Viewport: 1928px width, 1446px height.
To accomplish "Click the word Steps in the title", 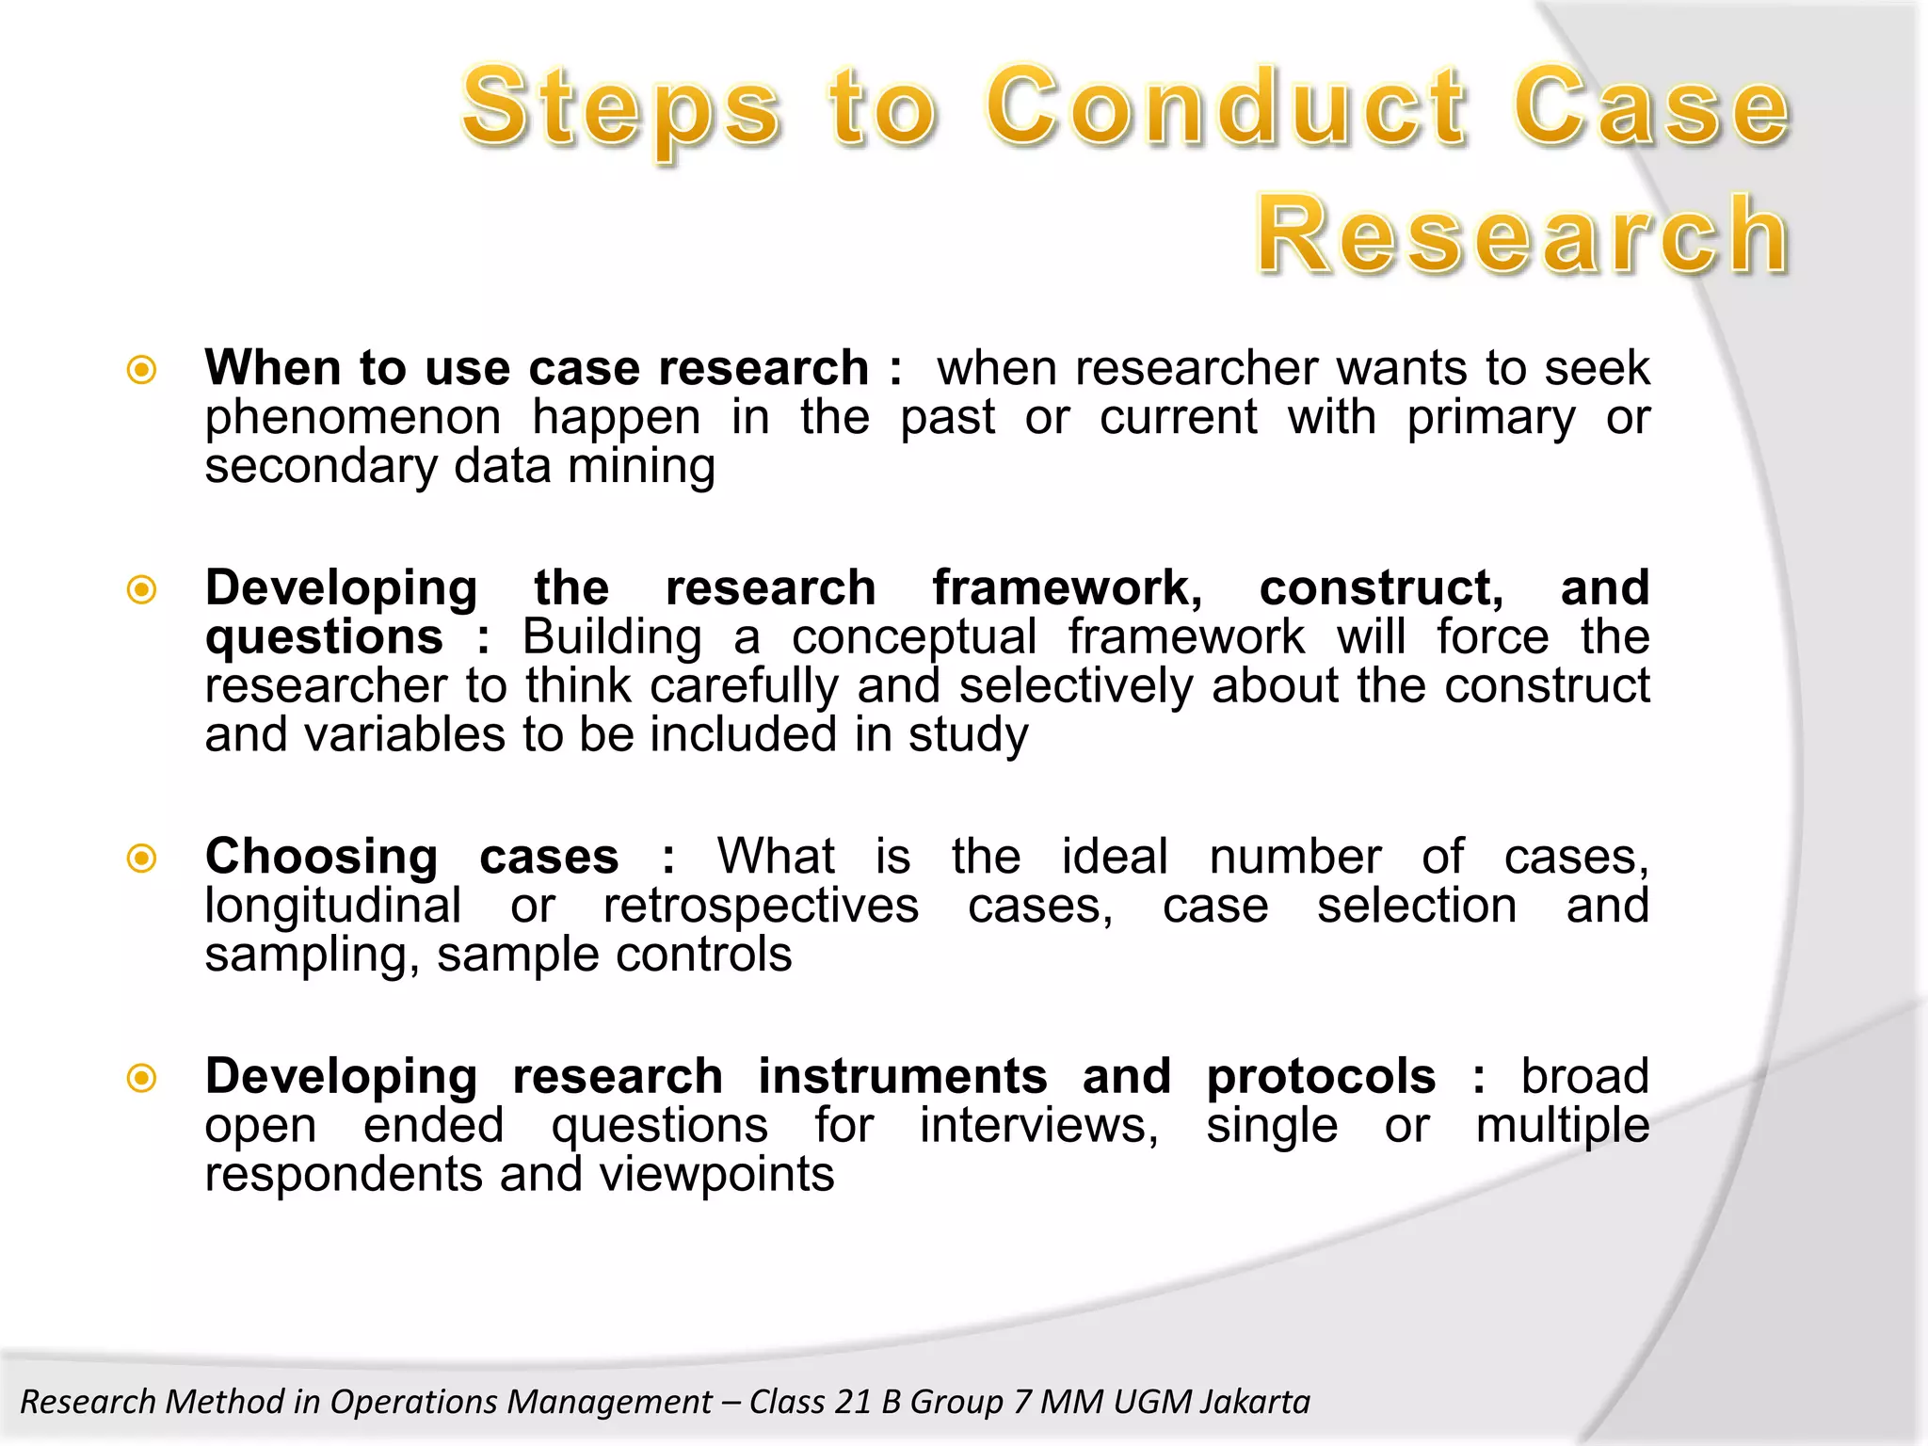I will coord(621,108).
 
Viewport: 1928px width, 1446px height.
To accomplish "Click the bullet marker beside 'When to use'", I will coord(141,370).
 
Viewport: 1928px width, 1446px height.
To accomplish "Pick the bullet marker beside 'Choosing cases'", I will coord(141,858).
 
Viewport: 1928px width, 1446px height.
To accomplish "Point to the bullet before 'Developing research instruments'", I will coord(141,1078).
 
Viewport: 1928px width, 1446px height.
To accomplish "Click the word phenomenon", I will coord(353,418).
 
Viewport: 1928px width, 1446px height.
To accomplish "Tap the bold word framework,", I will coord(1068,588).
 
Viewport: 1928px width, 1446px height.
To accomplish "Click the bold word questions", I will coord(324,637).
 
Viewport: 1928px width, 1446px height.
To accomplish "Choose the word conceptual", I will coord(913,637).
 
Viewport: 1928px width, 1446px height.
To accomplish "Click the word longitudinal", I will coord(332,907).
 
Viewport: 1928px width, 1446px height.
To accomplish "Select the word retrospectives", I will coord(761,907).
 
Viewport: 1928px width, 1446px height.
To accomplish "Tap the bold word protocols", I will coord(1321,1077).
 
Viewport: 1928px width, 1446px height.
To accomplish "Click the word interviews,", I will coord(1039,1126).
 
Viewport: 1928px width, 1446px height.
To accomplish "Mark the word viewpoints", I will coord(716,1175).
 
